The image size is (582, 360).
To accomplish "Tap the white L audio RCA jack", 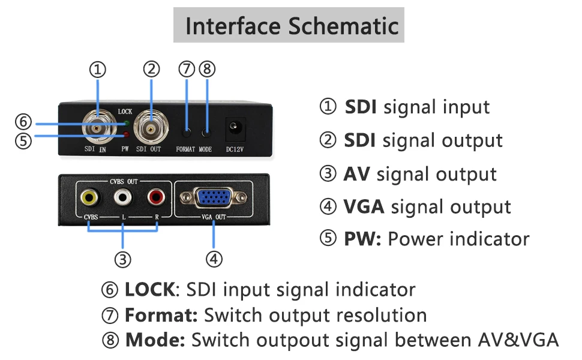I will point(124,196).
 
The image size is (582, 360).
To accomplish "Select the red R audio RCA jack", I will point(157,196).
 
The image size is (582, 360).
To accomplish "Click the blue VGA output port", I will point(213,198).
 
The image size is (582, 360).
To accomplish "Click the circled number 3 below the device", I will point(123,259).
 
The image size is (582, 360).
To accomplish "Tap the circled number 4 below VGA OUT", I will point(214,259).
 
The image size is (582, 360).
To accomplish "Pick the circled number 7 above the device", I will point(187,69).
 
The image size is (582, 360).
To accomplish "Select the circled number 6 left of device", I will point(23,122).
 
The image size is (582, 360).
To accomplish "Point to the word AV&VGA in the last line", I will point(516,340).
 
